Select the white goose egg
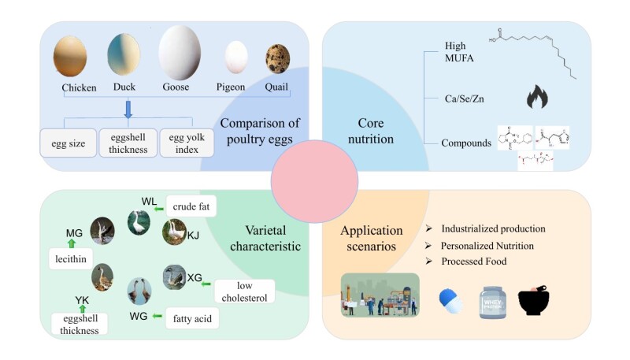[179, 53]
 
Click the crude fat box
[191, 206]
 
